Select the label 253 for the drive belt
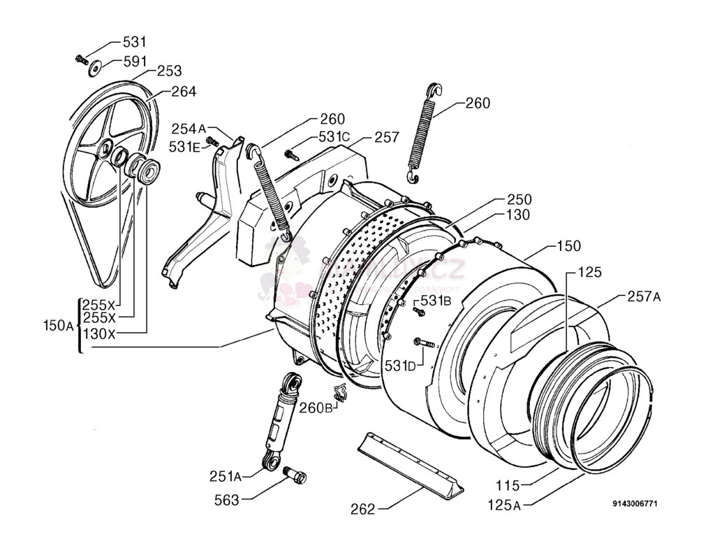pos(169,71)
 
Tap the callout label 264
pos(184,91)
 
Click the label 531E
pos(184,146)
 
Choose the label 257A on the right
pos(643,296)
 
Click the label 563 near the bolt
pos(227,500)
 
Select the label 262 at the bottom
pos(362,509)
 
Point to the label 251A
pos(225,476)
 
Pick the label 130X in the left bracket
pos(99,334)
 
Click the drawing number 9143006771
pos(635,503)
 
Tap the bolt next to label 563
pos(295,475)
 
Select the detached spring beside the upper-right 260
pos(423,134)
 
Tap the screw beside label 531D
pos(424,343)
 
